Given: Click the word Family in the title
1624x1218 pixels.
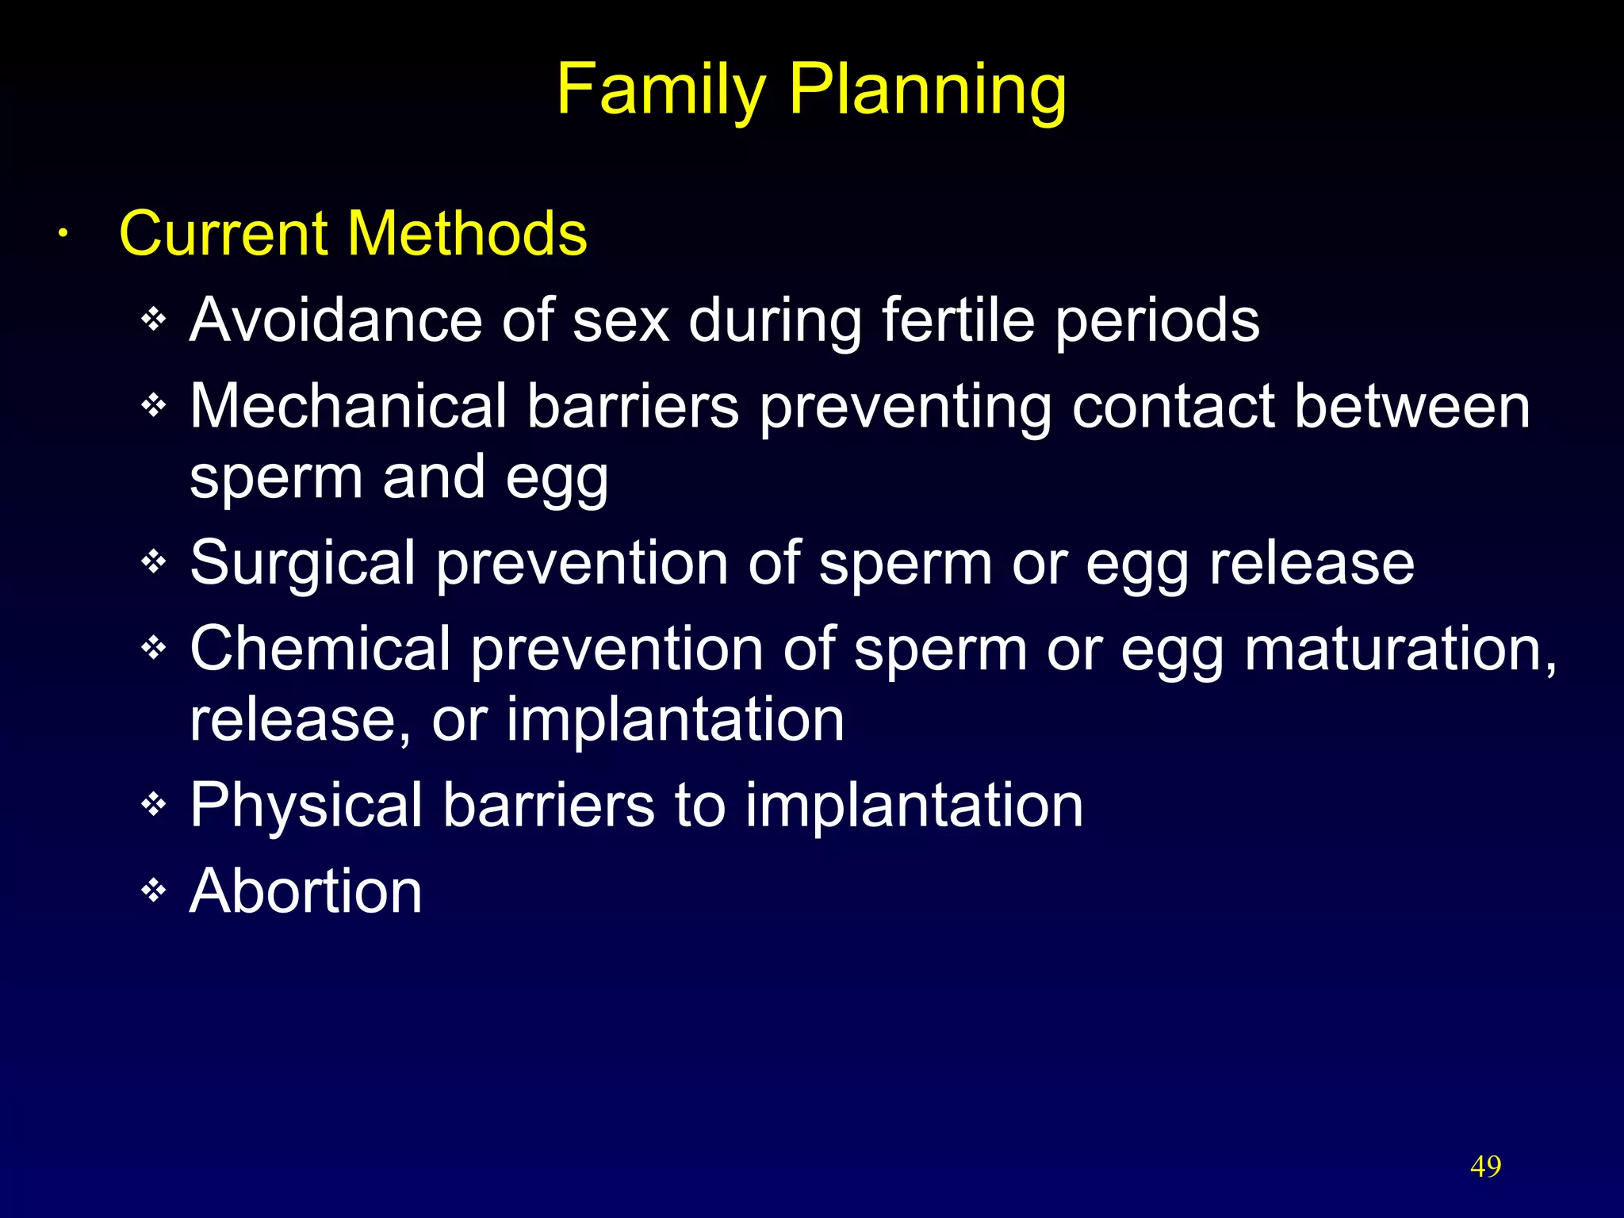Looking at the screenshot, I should click(661, 90).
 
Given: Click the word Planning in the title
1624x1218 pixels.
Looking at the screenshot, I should click(927, 90).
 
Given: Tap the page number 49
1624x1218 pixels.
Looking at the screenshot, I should click(1485, 1166).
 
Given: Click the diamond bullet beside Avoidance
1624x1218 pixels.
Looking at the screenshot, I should click(153, 320).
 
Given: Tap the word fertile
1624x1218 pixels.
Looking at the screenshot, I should click(958, 320).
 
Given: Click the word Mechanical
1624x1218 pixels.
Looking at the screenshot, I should click(348, 406).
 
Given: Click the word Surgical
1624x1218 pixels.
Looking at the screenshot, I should click(302, 563).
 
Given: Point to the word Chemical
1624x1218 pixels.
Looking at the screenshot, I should click(320, 649).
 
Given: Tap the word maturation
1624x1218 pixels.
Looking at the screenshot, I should click(1400, 649).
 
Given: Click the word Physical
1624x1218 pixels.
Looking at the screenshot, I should click(306, 806).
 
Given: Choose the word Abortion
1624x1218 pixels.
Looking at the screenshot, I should click(306, 891).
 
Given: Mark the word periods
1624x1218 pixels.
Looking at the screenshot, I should click(1157, 320).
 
